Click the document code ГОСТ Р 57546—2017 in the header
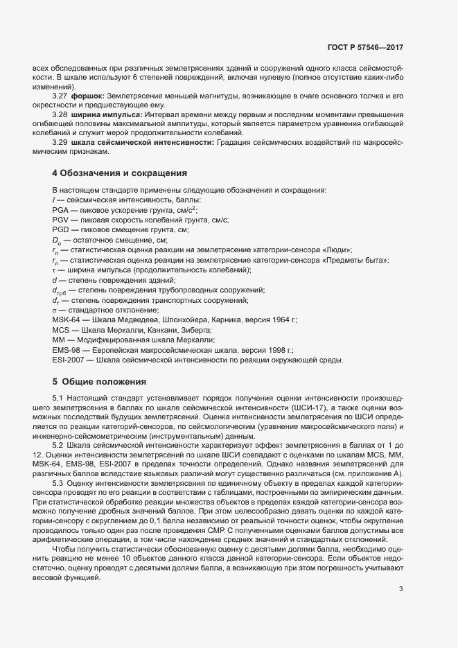tap(365, 48)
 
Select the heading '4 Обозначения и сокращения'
tap(115, 173)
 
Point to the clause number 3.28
tap(60, 113)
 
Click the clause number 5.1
tap(58, 399)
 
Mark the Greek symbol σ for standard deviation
tap(54, 310)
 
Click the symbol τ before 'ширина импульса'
tap(54, 270)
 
